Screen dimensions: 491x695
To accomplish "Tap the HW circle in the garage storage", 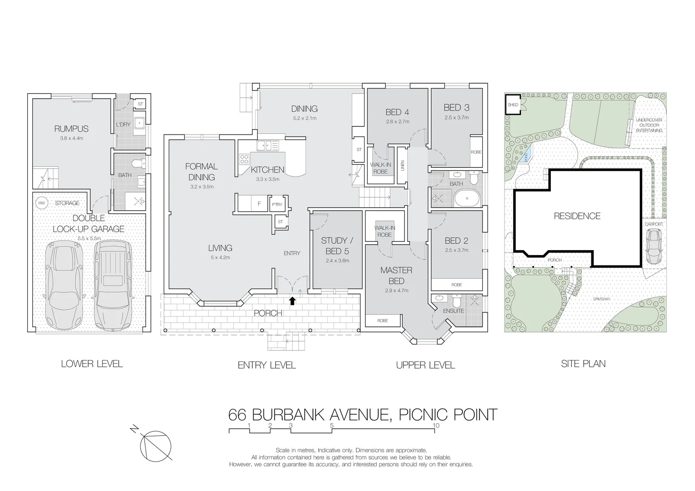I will pyautogui.click(x=42, y=203).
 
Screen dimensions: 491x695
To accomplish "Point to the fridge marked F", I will pyautogui.click(x=259, y=204).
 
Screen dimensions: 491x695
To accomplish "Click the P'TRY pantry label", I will pyautogui.click(x=277, y=205).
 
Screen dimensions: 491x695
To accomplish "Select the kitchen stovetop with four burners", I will pyautogui.click(x=244, y=159).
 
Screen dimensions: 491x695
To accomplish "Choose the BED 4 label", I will pyautogui.click(x=397, y=112).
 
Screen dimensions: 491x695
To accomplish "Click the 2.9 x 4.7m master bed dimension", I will pyautogui.click(x=396, y=290).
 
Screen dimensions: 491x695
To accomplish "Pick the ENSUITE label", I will pyautogui.click(x=453, y=311).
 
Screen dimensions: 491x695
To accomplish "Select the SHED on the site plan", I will pyautogui.click(x=513, y=105).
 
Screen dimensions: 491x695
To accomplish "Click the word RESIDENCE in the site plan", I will pyautogui.click(x=577, y=216).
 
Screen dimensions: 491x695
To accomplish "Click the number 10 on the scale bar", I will pyautogui.click(x=436, y=426).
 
